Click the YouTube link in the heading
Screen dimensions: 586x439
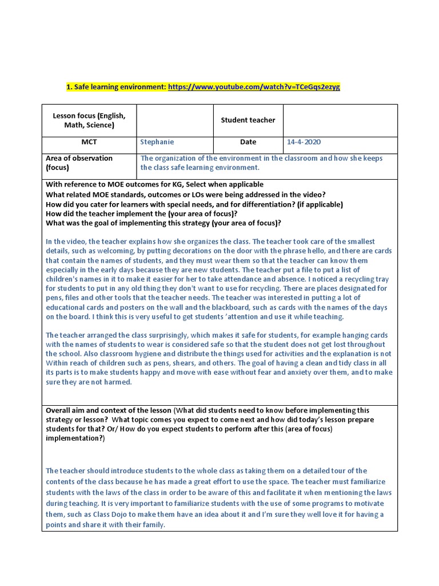coord(254,86)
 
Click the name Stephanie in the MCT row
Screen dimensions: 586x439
coord(157,142)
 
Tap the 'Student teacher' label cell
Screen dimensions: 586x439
coord(248,120)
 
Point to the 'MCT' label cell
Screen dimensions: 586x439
coord(89,142)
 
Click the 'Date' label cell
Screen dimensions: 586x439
coord(248,142)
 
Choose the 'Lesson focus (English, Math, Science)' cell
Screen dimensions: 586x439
coord(89,120)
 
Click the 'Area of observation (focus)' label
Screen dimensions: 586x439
coord(79,163)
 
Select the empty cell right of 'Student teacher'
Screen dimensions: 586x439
coord(340,120)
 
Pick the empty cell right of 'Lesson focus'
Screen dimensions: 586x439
coord(175,120)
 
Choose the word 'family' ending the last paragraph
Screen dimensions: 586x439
coord(152,524)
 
